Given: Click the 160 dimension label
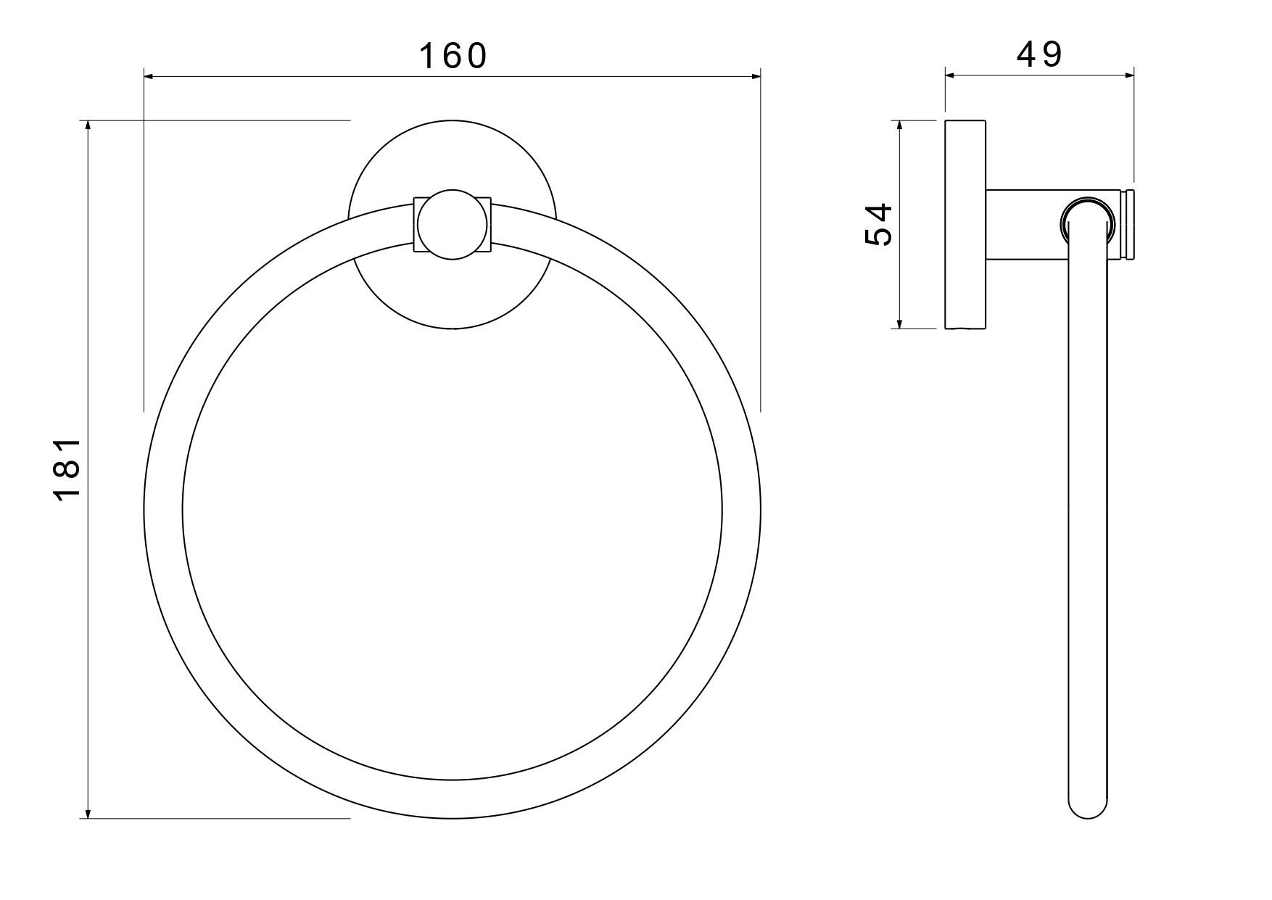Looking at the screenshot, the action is coord(453,56).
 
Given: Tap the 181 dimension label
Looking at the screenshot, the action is coord(67,469).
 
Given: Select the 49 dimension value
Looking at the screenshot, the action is coord(1039,54).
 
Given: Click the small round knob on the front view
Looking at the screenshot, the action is coord(453,225).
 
